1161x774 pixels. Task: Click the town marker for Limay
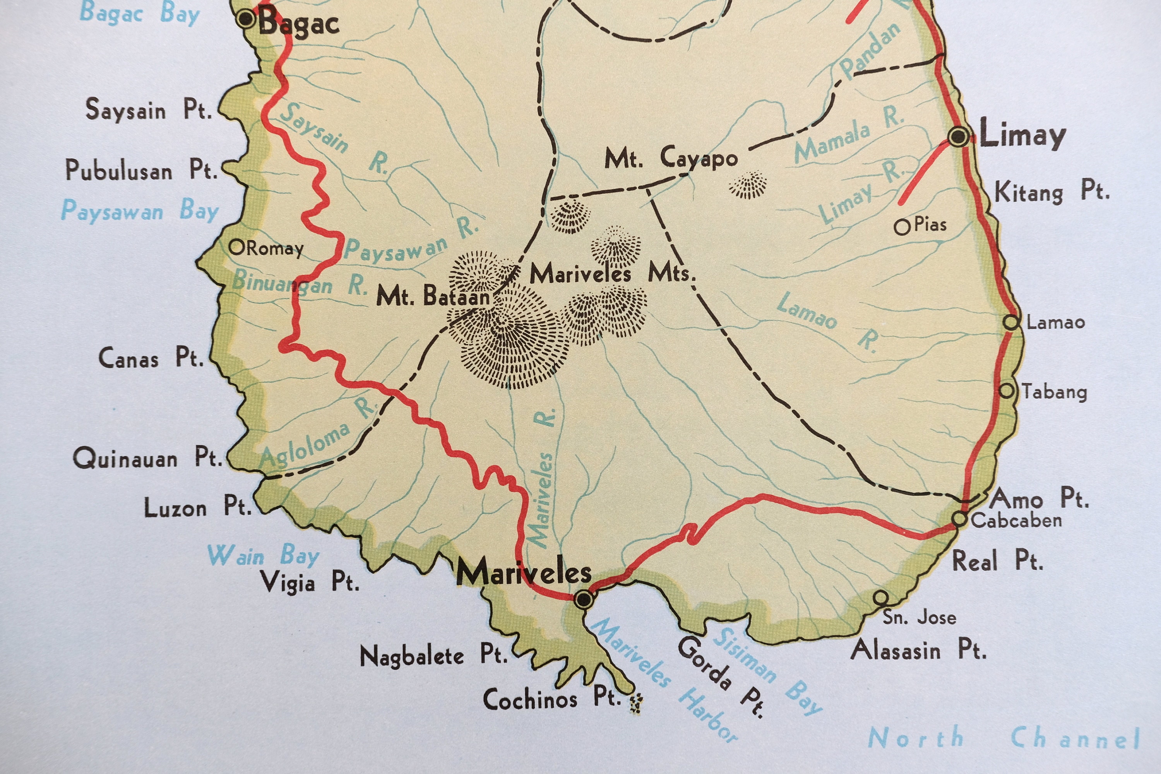pos(959,136)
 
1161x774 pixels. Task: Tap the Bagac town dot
pos(245,19)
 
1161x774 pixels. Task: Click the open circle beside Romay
pos(237,247)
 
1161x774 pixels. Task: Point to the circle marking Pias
pos(902,227)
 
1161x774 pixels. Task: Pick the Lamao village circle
pos(1011,322)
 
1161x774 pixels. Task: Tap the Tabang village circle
pos(1007,391)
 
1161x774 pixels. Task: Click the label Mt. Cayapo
pos(671,158)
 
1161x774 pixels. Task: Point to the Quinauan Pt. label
pos(147,457)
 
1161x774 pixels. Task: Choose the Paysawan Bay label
pos(140,211)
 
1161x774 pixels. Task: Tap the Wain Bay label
pos(263,555)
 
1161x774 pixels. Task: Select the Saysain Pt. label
pos(149,109)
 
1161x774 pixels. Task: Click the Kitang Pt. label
pos(1051,192)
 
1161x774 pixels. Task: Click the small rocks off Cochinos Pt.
pos(636,704)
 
